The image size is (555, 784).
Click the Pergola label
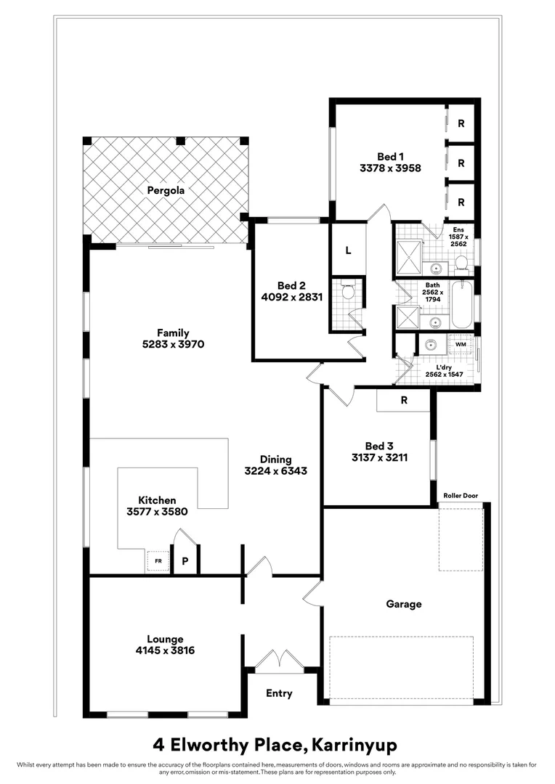coord(166,191)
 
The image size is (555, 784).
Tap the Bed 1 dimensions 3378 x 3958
coord(390,168)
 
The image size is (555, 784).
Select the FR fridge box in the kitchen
coord(158,561)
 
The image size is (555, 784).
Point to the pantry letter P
coord(185,561)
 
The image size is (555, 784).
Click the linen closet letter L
coord(348,250)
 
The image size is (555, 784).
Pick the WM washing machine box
coord(461,344)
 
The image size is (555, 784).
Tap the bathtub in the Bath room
coord(461,306)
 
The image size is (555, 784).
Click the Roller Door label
coord(461,496)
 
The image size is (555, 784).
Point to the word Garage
coord(403,604)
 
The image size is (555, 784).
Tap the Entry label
coord(279,693)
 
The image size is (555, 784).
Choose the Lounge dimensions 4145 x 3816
coord(164,650)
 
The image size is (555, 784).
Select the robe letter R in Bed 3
coord(403,399)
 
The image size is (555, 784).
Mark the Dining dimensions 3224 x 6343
coord(276,470)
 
